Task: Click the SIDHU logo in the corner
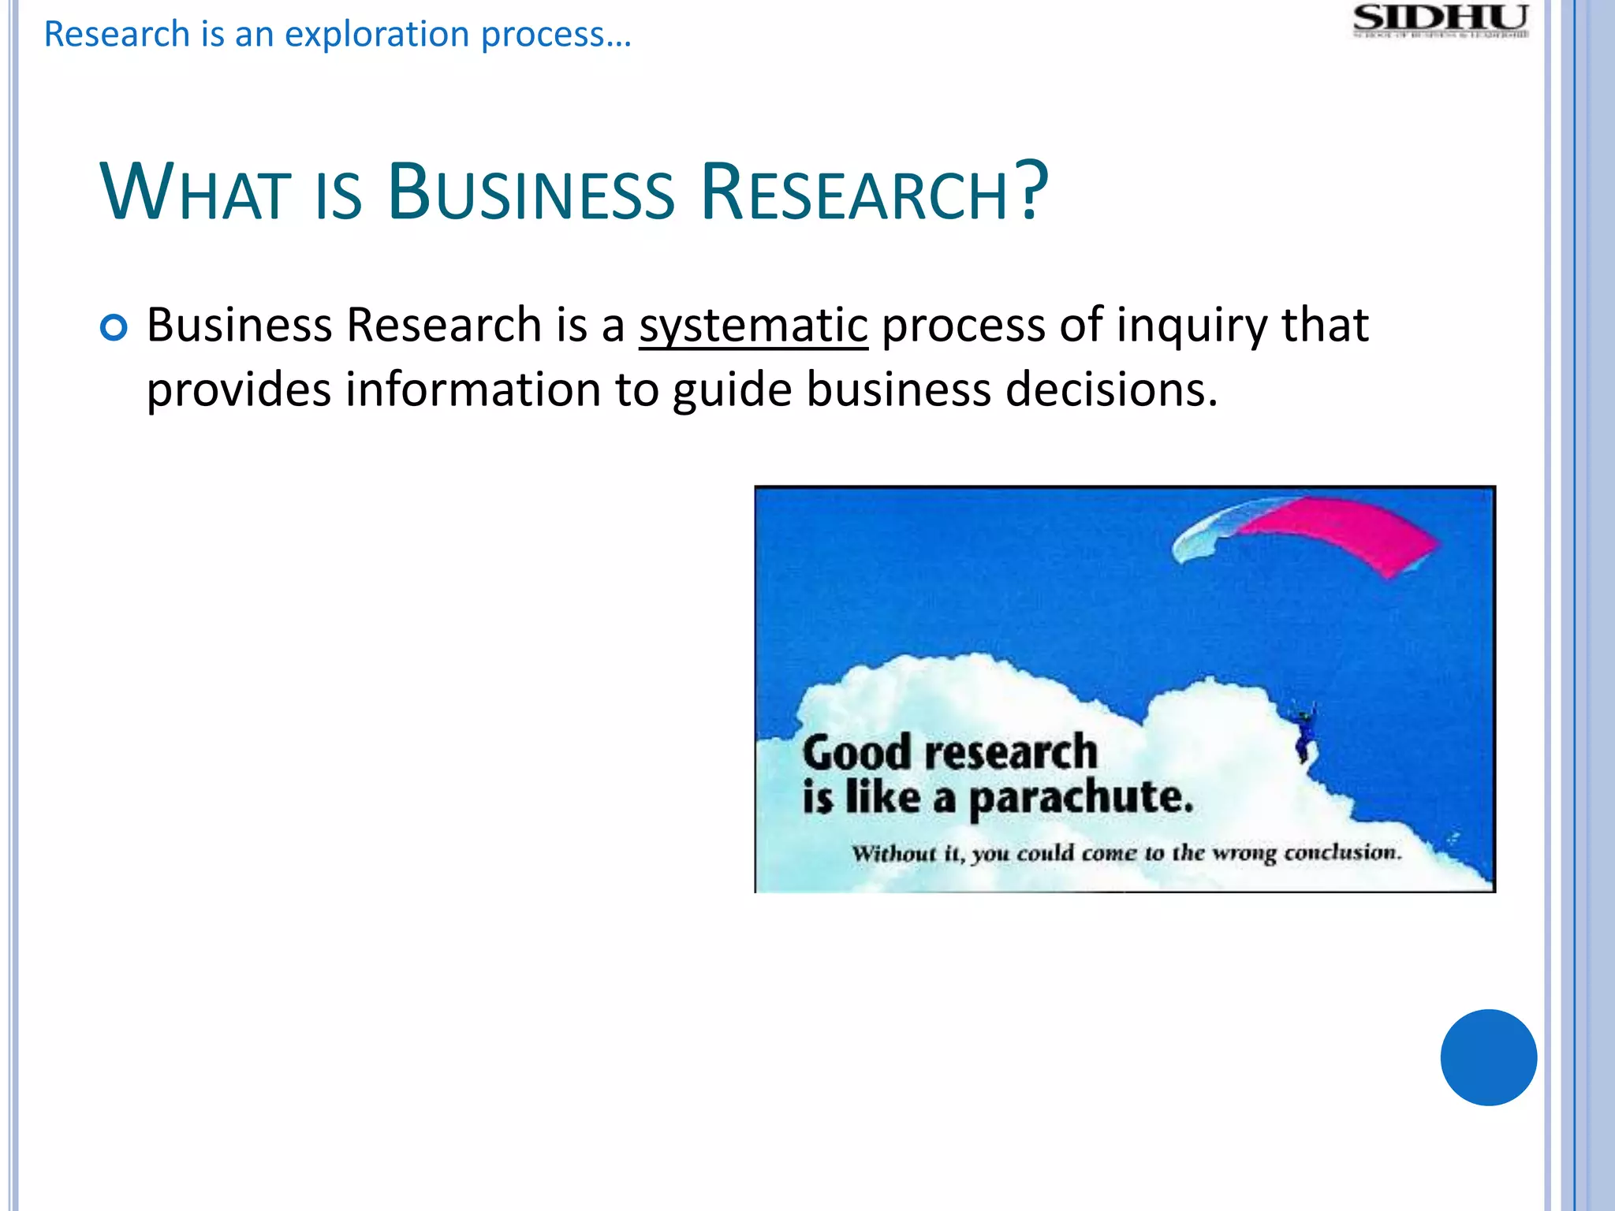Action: point(1441,21)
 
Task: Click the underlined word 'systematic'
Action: point(753,326)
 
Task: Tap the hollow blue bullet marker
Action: point(114,327)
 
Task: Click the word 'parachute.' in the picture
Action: point(1080,798)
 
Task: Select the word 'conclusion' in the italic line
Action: point(1342,852)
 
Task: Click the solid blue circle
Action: point(1488,1057)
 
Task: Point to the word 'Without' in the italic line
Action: point(894,853)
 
